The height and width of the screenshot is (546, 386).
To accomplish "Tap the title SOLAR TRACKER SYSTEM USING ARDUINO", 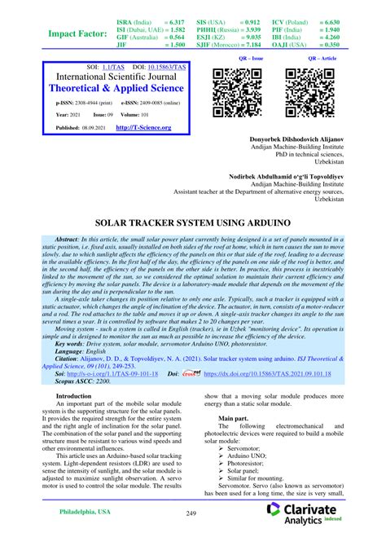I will pos(193,220).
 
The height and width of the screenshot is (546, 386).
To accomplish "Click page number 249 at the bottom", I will pos(192,513).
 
